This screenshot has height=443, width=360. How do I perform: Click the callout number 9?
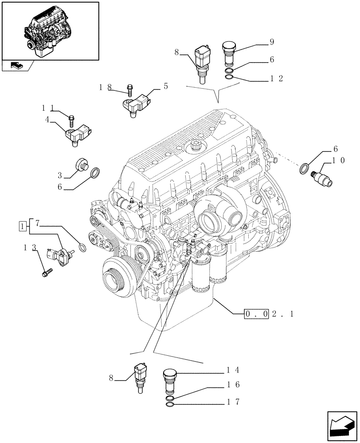click(x=271, y=42)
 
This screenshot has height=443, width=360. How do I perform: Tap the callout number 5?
click(x=165, y=86)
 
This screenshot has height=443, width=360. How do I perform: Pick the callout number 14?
click(x=232, y=369)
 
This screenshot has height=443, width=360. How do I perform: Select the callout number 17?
click(x=232, y=402)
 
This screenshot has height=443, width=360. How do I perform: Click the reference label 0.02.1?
click(x=269, y=314)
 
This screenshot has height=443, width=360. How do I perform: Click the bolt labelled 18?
click(x=130, y=90)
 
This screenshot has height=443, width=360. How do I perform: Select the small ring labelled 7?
click(x=82, y=247)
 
